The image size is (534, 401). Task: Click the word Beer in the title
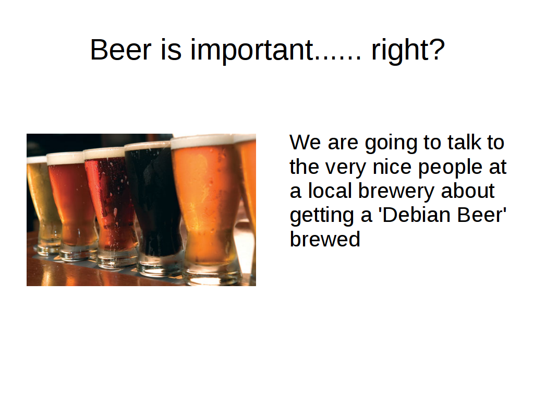click(120, 50)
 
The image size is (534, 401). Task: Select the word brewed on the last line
click(325, 239)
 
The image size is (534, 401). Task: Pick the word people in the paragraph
click(450, 168)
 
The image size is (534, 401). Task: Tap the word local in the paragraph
click(330, 191)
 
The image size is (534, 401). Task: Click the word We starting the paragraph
click(305, 142)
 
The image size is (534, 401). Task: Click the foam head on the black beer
click(148, 146)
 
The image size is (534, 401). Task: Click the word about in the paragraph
click(468, 191)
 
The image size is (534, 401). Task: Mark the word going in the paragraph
click(391, 143)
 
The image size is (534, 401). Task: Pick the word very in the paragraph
click(345, 168)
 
